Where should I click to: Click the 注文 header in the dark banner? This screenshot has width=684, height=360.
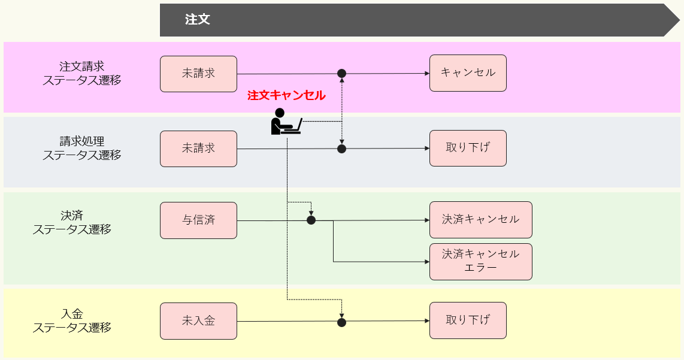coord(198,20)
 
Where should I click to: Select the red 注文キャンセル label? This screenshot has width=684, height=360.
coord(286,95)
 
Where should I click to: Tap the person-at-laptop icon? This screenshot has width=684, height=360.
coord(285,122)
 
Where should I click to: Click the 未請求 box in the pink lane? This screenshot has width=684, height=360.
coord(198,74)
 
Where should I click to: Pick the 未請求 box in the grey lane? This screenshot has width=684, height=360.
coord(198,149)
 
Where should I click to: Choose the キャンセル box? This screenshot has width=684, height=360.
coord(468,73)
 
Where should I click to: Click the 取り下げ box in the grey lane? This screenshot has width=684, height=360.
coord(468,148)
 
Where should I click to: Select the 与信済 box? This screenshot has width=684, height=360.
coord(198,220)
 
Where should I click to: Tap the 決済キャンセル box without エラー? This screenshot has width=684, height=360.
coord(480,220)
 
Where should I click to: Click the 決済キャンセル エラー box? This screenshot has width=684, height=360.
coord(480,262)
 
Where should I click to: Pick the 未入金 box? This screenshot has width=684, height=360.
coord(198,321)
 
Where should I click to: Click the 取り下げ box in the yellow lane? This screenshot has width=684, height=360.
coord(468,320)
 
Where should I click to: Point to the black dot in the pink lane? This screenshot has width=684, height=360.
coord(341,74)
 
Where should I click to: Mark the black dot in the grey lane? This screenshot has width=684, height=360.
coord(341,149)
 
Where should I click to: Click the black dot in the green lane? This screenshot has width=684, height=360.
coord(311,220)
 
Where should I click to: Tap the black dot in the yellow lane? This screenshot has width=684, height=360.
coord(341,322)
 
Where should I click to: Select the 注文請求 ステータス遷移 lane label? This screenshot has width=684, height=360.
coord(81,73)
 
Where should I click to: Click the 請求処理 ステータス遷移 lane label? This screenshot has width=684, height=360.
coord(81,148)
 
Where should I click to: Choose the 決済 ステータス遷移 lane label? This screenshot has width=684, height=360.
coord(72,222)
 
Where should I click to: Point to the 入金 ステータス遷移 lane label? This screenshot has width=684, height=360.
coord(72,320)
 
